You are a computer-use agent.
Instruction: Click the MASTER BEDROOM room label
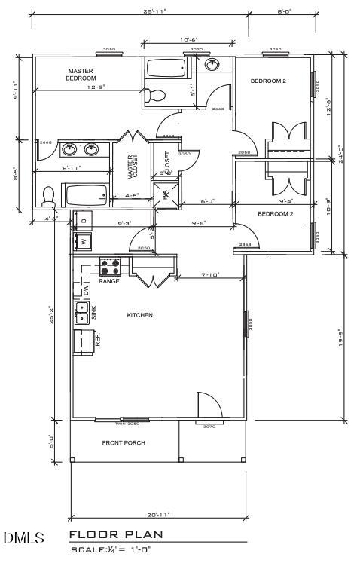pos(81,74)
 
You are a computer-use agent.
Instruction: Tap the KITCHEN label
pos(139,315)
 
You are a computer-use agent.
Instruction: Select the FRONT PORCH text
pos(124,442)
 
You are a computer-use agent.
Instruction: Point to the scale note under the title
pos(112,550)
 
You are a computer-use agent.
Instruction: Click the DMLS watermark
pos(23,538)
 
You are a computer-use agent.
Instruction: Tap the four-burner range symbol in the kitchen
pos(111,267)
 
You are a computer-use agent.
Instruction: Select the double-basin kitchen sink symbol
pos(81,310)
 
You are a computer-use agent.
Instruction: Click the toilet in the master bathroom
pos(49,196)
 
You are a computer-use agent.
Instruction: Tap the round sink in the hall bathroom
pos(212,65)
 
